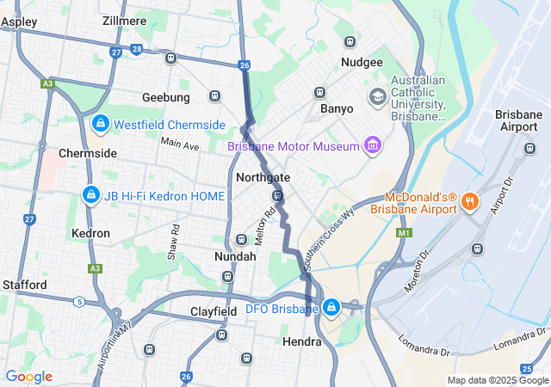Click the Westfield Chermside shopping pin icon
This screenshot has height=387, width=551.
coord(101,124)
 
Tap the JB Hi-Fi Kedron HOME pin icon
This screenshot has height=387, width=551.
coord(90,196)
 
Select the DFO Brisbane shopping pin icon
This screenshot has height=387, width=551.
coord(331,307)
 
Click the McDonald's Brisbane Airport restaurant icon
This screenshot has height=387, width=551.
coord(469,202)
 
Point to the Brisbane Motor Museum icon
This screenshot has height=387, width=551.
coord(372,145)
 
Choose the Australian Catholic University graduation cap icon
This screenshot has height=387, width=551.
coord(377,97)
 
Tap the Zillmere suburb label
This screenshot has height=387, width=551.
coord(125,20)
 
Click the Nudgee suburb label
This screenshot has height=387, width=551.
coord(362,63)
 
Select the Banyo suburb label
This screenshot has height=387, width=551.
coord(337,109)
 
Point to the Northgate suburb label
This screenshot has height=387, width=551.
coord(263,177)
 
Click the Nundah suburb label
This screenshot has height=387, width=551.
coord(235,256)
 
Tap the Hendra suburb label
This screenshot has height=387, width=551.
coord(302,341)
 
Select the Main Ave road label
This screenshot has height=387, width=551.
coord(179,144)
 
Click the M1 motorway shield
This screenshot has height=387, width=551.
coord(405,233)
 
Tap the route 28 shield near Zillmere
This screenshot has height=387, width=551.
coord(138,49)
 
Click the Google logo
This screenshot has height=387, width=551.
coord(28,376)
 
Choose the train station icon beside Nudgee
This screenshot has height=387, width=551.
coord(350,41)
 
